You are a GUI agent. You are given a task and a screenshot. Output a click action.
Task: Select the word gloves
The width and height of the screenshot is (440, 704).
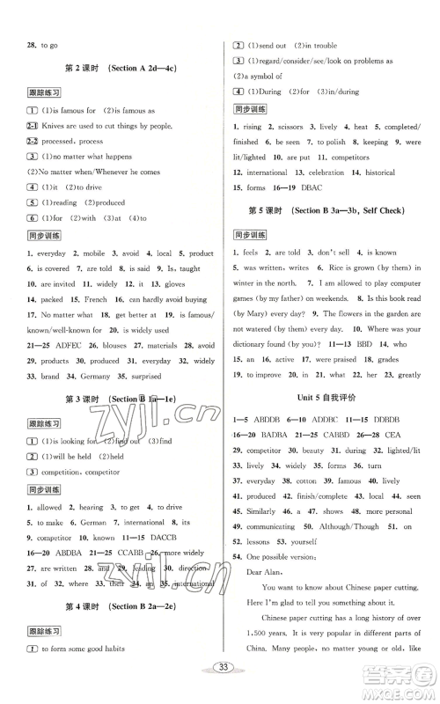click(x=175, y=284)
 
